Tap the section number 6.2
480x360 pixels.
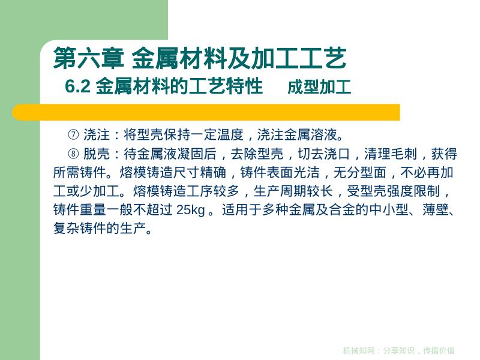[77, 88]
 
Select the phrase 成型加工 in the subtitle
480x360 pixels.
[319, 88]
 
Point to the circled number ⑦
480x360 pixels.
[74, 134]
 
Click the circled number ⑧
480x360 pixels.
[74, 154]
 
